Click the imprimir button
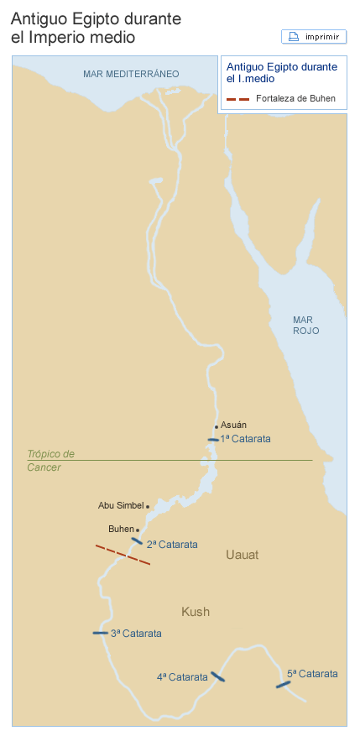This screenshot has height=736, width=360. [314, 37]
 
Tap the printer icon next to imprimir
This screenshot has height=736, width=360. [294, 37]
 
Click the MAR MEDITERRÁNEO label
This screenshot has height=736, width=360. [131, 75]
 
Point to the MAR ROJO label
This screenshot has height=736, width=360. [305, 325]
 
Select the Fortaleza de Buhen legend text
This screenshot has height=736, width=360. [295, 99]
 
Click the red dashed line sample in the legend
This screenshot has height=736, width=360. [238, 99]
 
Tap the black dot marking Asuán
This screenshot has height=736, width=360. [216, 426]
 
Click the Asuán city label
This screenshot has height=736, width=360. [233, 425]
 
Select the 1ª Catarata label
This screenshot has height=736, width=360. [245, 439]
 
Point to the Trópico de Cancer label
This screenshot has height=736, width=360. [50, 460]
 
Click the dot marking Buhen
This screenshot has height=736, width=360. [138, 530]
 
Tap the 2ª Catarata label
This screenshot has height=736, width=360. [172, 545]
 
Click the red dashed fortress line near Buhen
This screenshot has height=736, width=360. [123, 556]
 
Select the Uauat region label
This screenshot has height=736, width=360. [243, 556]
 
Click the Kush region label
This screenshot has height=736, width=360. [196, 612]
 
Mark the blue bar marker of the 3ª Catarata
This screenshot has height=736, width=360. [100, 633]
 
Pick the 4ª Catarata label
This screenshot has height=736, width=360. [182, 676]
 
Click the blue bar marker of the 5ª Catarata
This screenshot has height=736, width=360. [283, 685]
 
